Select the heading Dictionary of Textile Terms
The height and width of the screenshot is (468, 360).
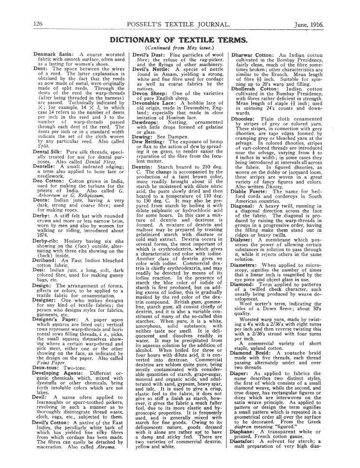coord(179,40)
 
